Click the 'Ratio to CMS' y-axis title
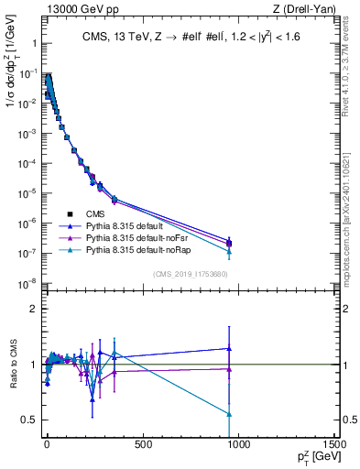[x=12, y=364]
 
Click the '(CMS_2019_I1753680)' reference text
[x=190, y=274]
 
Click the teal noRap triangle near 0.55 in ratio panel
[x=229, y=414]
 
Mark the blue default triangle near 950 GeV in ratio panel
[x=229, y=348]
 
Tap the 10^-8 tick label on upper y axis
[x=27, y=283]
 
